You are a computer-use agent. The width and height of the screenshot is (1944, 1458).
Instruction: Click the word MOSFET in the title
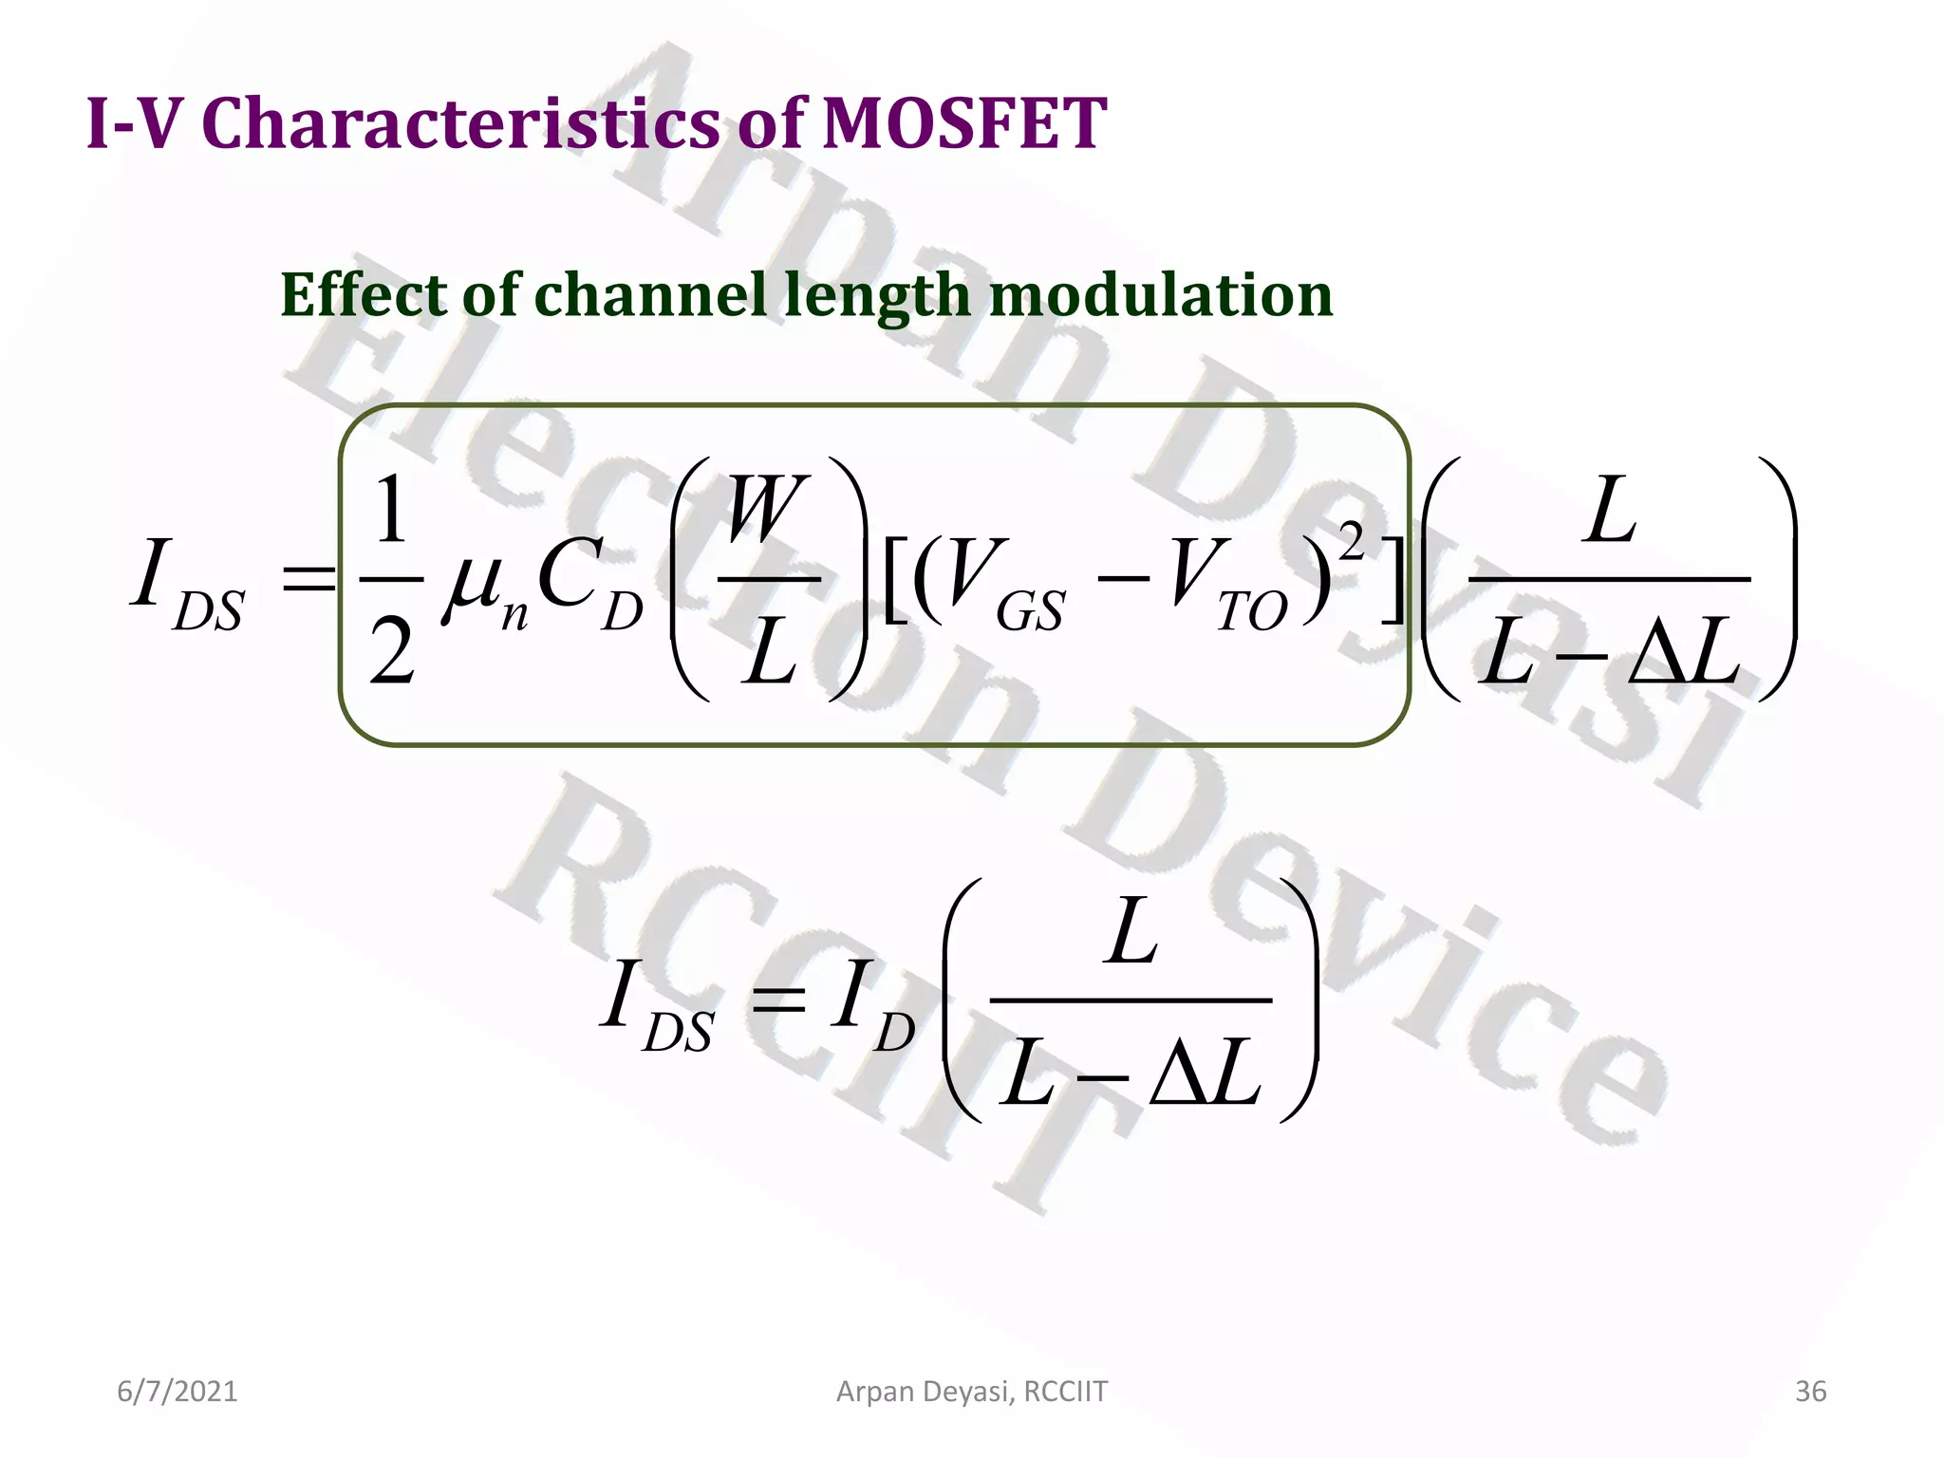(963, 123)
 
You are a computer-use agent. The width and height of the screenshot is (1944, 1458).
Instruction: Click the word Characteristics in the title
(460, 123)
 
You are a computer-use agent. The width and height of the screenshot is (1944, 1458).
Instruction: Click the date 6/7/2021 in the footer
(177, 1392)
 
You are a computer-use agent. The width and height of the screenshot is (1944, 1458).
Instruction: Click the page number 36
(1810, 1392)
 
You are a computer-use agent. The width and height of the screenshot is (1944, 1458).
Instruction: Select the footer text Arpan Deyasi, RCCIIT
(971, 1392)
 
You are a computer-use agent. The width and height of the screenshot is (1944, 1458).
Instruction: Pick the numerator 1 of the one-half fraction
(390, 511)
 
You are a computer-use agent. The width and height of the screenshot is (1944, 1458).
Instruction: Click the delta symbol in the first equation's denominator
(1658, 653)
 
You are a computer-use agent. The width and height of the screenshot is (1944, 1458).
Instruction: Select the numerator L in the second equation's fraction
(1131, 933)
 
